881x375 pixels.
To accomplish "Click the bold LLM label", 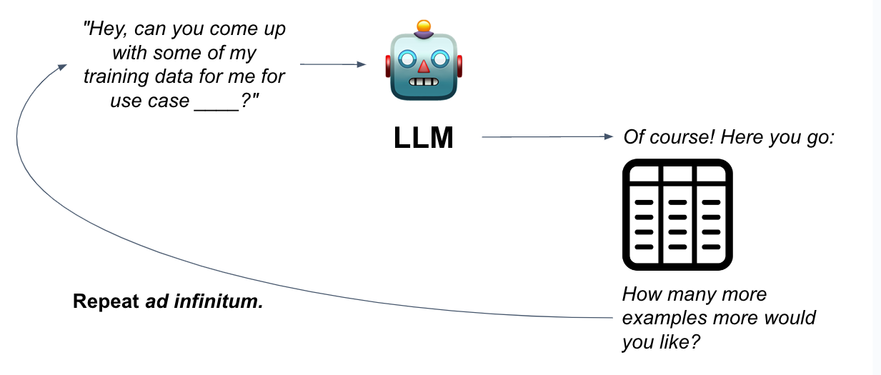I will (x=423, y=138).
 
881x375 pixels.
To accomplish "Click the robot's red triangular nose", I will (x=424, y=66).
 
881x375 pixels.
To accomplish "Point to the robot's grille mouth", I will (x=424, y=82).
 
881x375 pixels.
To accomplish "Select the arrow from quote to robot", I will (x=332, y=64).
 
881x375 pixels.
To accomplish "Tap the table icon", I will (x=677, y=215).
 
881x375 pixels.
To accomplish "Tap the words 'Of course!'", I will (x=670, y=136).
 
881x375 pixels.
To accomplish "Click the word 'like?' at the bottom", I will (x=680, y=341).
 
